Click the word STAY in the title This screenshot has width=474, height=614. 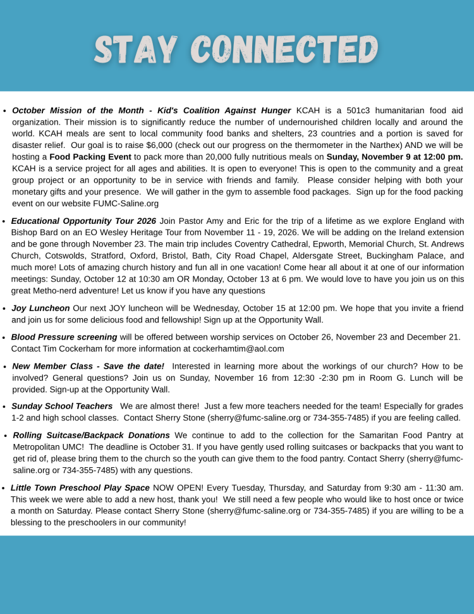[135, 50]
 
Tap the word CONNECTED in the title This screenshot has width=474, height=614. [284, 50]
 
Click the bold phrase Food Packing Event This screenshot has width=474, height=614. [90, 157]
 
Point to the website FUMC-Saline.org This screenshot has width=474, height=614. [126, 204]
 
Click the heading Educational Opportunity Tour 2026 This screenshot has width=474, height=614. [83, 221]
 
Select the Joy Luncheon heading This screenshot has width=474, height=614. [40, 309]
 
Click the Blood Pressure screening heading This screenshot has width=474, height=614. [64, 337]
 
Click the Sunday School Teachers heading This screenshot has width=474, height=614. [62, 406]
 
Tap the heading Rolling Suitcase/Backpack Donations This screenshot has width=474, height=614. [92, 436]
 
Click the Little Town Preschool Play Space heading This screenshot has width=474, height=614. [80, 488]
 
